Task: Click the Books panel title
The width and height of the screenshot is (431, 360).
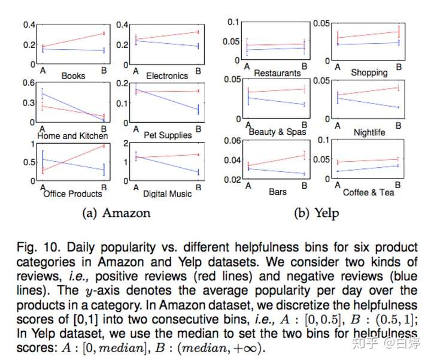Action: (x=73, y=76)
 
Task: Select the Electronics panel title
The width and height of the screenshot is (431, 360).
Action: (x=168, y=76)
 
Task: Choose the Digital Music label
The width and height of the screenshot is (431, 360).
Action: (x=168, y=193)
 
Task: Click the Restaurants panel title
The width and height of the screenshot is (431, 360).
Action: (x=277, y=73)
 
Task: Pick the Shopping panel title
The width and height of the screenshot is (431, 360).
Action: (x=369, y=72)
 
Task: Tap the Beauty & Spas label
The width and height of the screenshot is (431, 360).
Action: (x=277, y=132)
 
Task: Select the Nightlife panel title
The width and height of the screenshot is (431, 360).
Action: (x=370, y=132)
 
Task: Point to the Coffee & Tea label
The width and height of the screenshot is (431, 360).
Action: (x=369, y=192)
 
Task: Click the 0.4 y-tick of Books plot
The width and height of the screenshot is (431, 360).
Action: (x=29, y=25)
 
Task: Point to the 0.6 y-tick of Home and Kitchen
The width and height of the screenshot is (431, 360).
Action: (x=29, y=83)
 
